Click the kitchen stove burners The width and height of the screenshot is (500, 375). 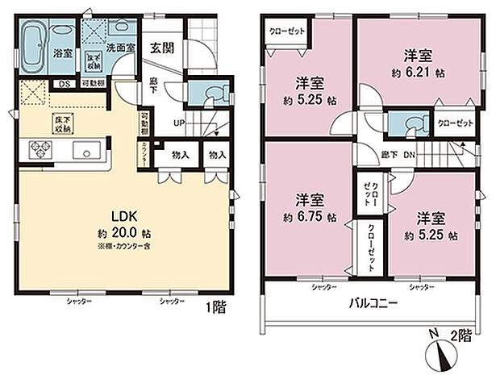coord(41,149)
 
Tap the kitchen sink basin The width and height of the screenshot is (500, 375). coord(84,151)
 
